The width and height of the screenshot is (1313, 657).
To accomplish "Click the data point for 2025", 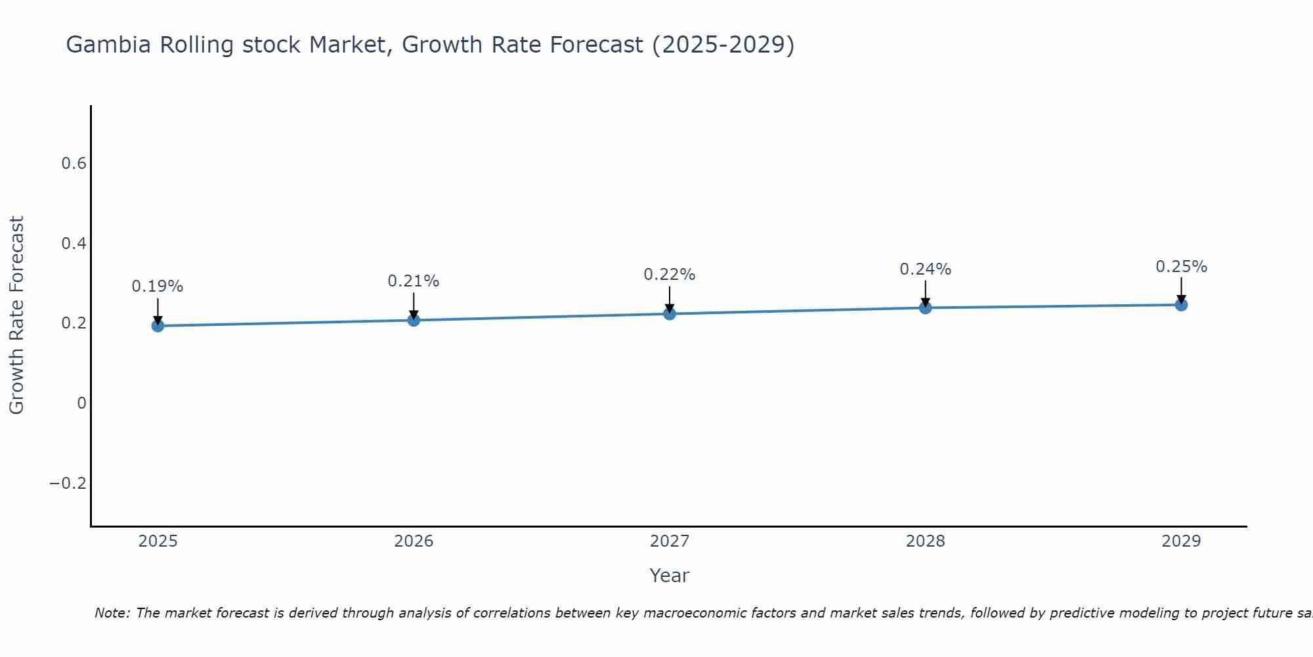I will pyautogui.click(x=158, y=325).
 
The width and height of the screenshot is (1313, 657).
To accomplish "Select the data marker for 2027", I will pyautogui.click(x=669, y=313).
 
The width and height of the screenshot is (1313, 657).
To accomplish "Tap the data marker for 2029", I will pyautogui.click(x=1181, y=304).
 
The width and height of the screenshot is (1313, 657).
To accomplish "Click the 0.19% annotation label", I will pyautogui.click(x=158, y=286).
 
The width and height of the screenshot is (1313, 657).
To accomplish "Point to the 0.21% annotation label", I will pyautogui.click(x=413, y=281).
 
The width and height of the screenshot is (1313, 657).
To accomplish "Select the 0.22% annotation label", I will pyautogui.click(x=669, y=275).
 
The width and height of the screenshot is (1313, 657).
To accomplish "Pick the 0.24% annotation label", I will pyautogui.click(x=925, y=269).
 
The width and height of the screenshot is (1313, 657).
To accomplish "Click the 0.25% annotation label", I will pyautogui.click(x=1181, y=267).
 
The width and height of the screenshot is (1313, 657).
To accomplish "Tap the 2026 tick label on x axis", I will pyautogui.click(x=414, y=541).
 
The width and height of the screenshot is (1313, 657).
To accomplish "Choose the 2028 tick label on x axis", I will pyautogui.click(x=925, y=541).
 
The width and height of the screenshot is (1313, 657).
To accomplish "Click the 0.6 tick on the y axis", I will pyautogui.click(x=74, y=164).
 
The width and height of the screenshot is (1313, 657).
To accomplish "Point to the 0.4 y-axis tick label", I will pyautogui.click(x=74, y=244).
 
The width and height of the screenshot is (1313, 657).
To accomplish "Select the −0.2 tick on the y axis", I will pyautogui.click(x=68, y=484).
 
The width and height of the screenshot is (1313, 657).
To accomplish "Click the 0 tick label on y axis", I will pyautogui.click(x=81, y=403).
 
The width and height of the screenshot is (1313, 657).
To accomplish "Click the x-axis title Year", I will pyautogui.click(x=669, y=576).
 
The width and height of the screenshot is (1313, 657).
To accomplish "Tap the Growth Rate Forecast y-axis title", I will pyautogui.click(x=16, y=315).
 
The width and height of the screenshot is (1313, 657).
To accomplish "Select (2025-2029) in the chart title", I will pyautogui.click(x=723, y=45).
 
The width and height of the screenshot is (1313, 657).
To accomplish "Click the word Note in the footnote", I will pyautogui.click(x=112, y=613).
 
